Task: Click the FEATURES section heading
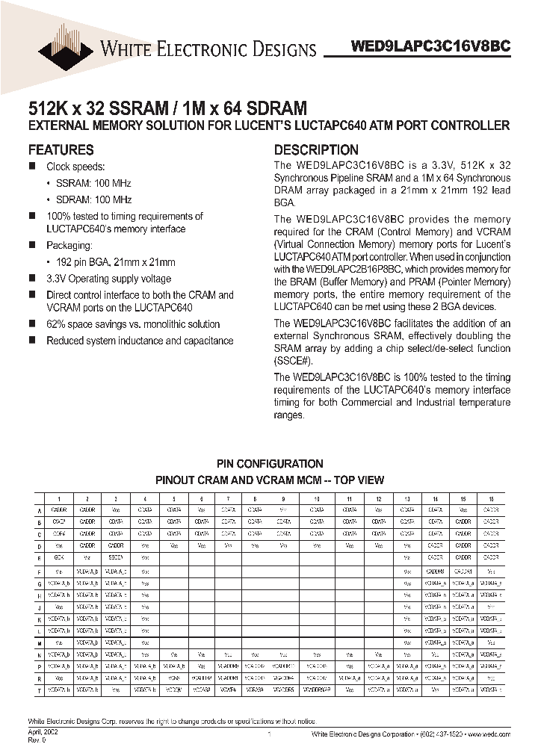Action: (x=61, y=149)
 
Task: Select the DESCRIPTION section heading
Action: (x=316, y=149)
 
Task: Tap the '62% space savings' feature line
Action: (x=133, y=324)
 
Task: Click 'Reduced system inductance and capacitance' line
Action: (x=140, y=341)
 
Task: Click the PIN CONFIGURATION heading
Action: (x=269, y=464)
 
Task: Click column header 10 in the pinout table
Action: (x=318, y=498)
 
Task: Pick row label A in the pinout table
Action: (x=39, y=511)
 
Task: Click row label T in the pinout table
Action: (x=39, y=691)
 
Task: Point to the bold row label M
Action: (x=39, y=642)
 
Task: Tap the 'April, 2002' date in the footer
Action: (x=43, y=734)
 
